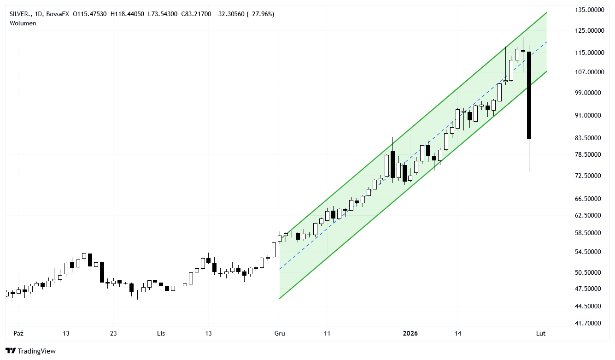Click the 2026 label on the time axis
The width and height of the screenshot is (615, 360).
coord(410,333)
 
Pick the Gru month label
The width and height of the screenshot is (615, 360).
coord(279,333)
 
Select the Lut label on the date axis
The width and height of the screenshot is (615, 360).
coord(541,333)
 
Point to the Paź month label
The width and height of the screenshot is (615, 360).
coord(18,333)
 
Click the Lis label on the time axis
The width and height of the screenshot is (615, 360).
coord(161,333)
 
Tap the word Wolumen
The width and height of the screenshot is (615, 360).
coord(23,23)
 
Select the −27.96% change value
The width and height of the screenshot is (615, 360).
coord(260,14)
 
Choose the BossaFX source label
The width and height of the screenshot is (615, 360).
coord(59,14)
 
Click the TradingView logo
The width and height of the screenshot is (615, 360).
coord(31,351)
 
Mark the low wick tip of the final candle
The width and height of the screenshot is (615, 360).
coord(529,171)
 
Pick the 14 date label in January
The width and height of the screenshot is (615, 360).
coord(457,333)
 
